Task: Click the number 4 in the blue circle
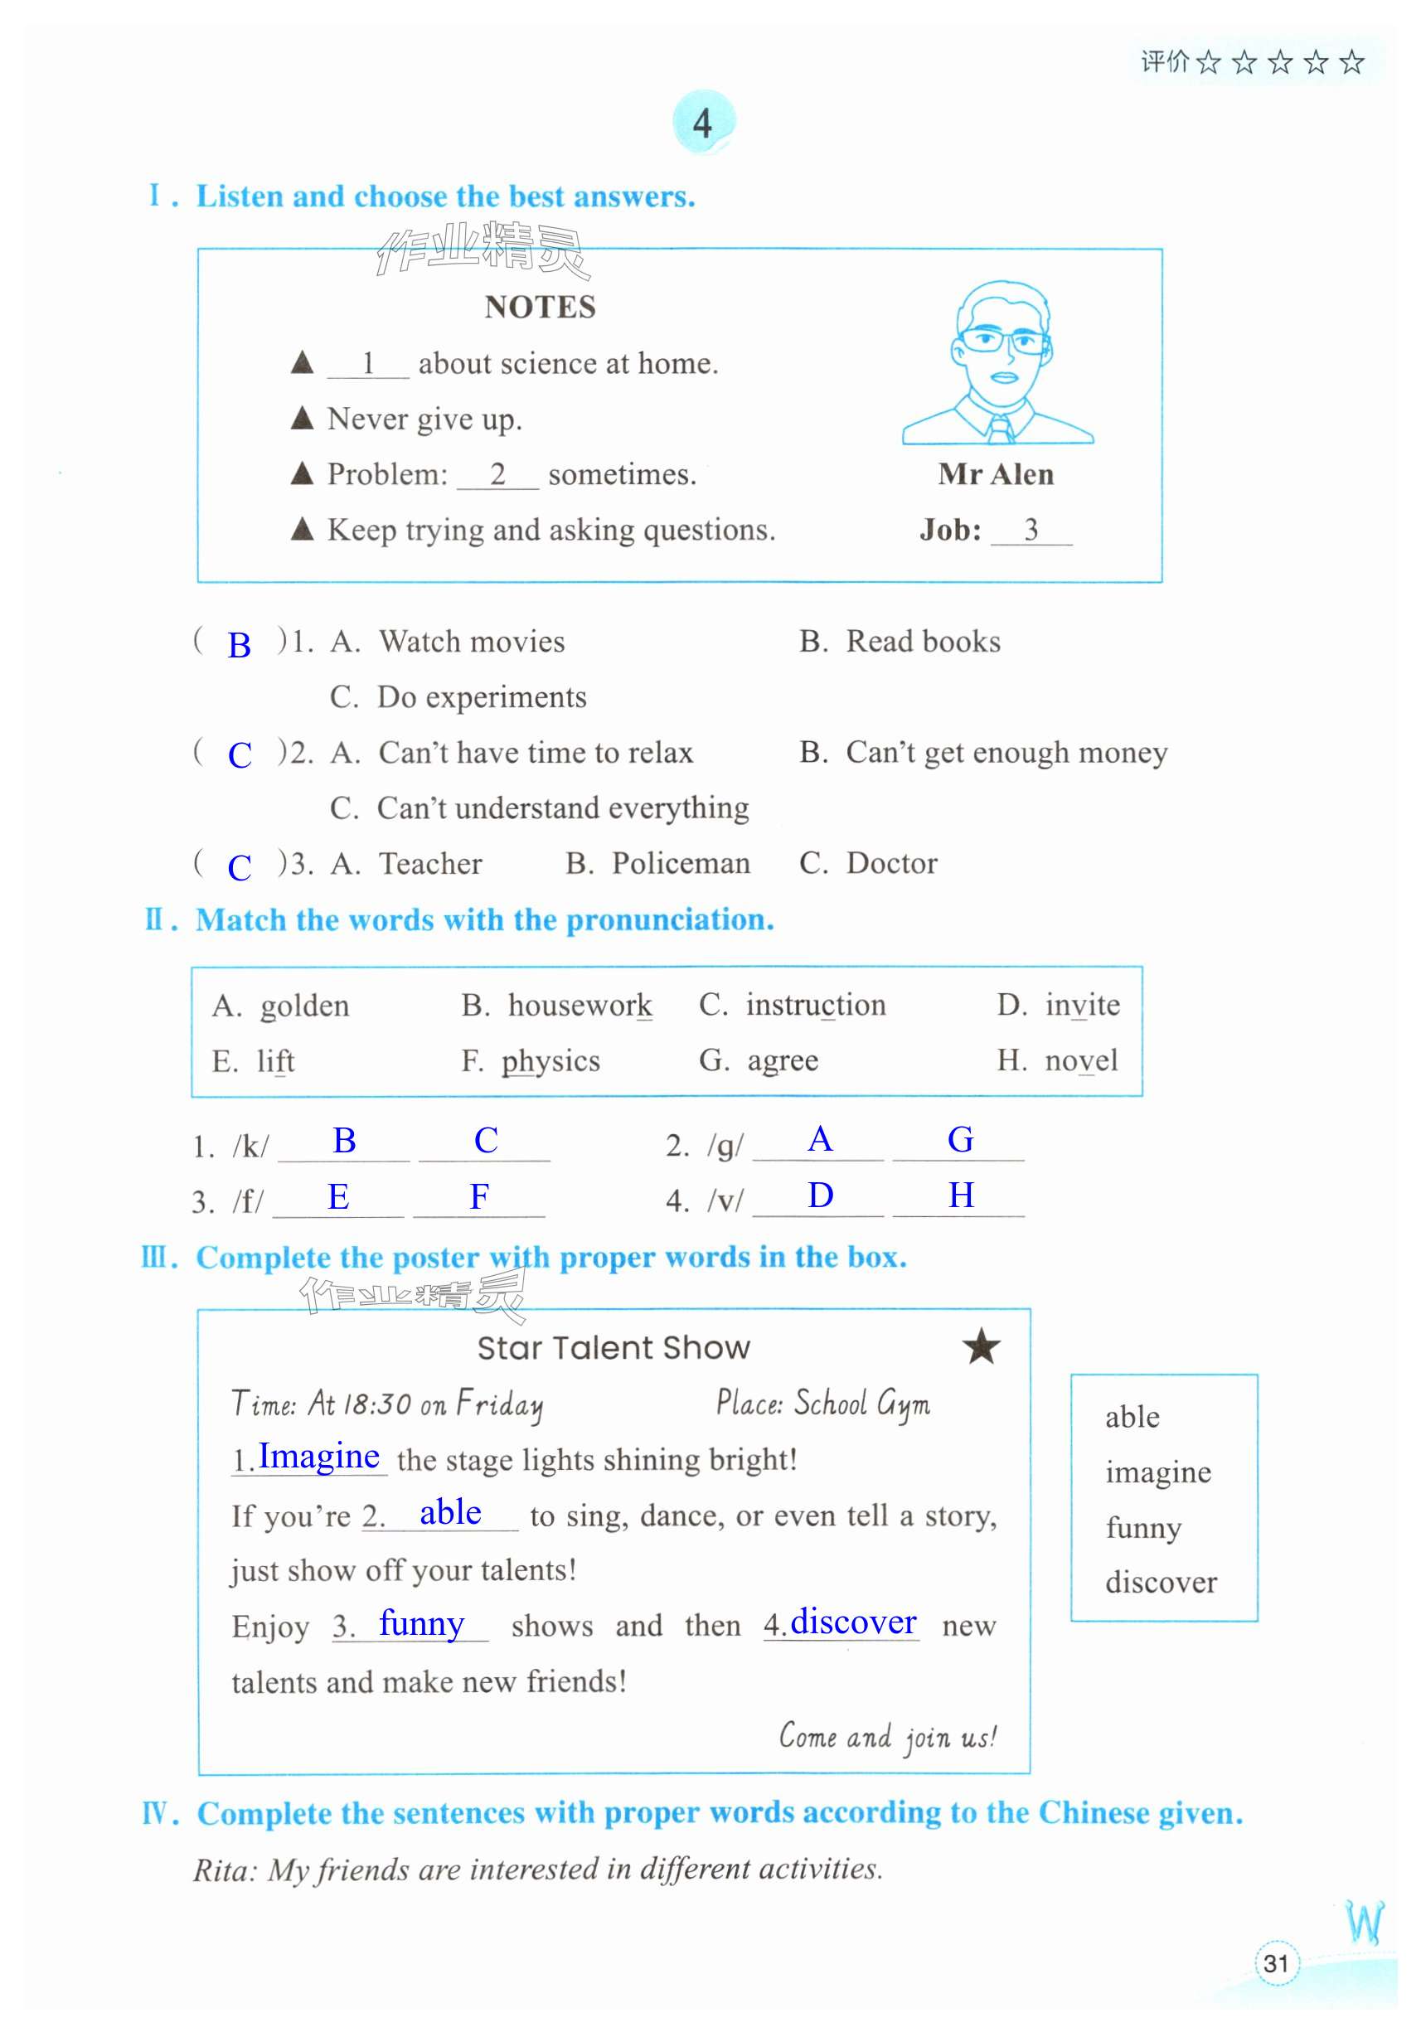tap(702, 123)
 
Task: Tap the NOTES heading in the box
tap(540, 307)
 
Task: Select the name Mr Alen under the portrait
tap(996, 474)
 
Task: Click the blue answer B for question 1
tap(239, 645)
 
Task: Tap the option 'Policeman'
tap(681, 864)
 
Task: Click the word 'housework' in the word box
tap(580, 1006)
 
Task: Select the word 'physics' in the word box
tap(550, 1061)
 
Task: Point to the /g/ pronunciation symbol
tap(725, 1146)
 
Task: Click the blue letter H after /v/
tap(961, 1195)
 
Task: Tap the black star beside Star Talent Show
tap(981, 1348)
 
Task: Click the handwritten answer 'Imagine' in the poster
tap(318, 1456)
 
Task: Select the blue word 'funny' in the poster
tap(421, 1623)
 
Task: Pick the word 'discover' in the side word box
tap(1160, 1583)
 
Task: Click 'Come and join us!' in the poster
tap(887, 1738)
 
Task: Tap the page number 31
tap(1275, 1964)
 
